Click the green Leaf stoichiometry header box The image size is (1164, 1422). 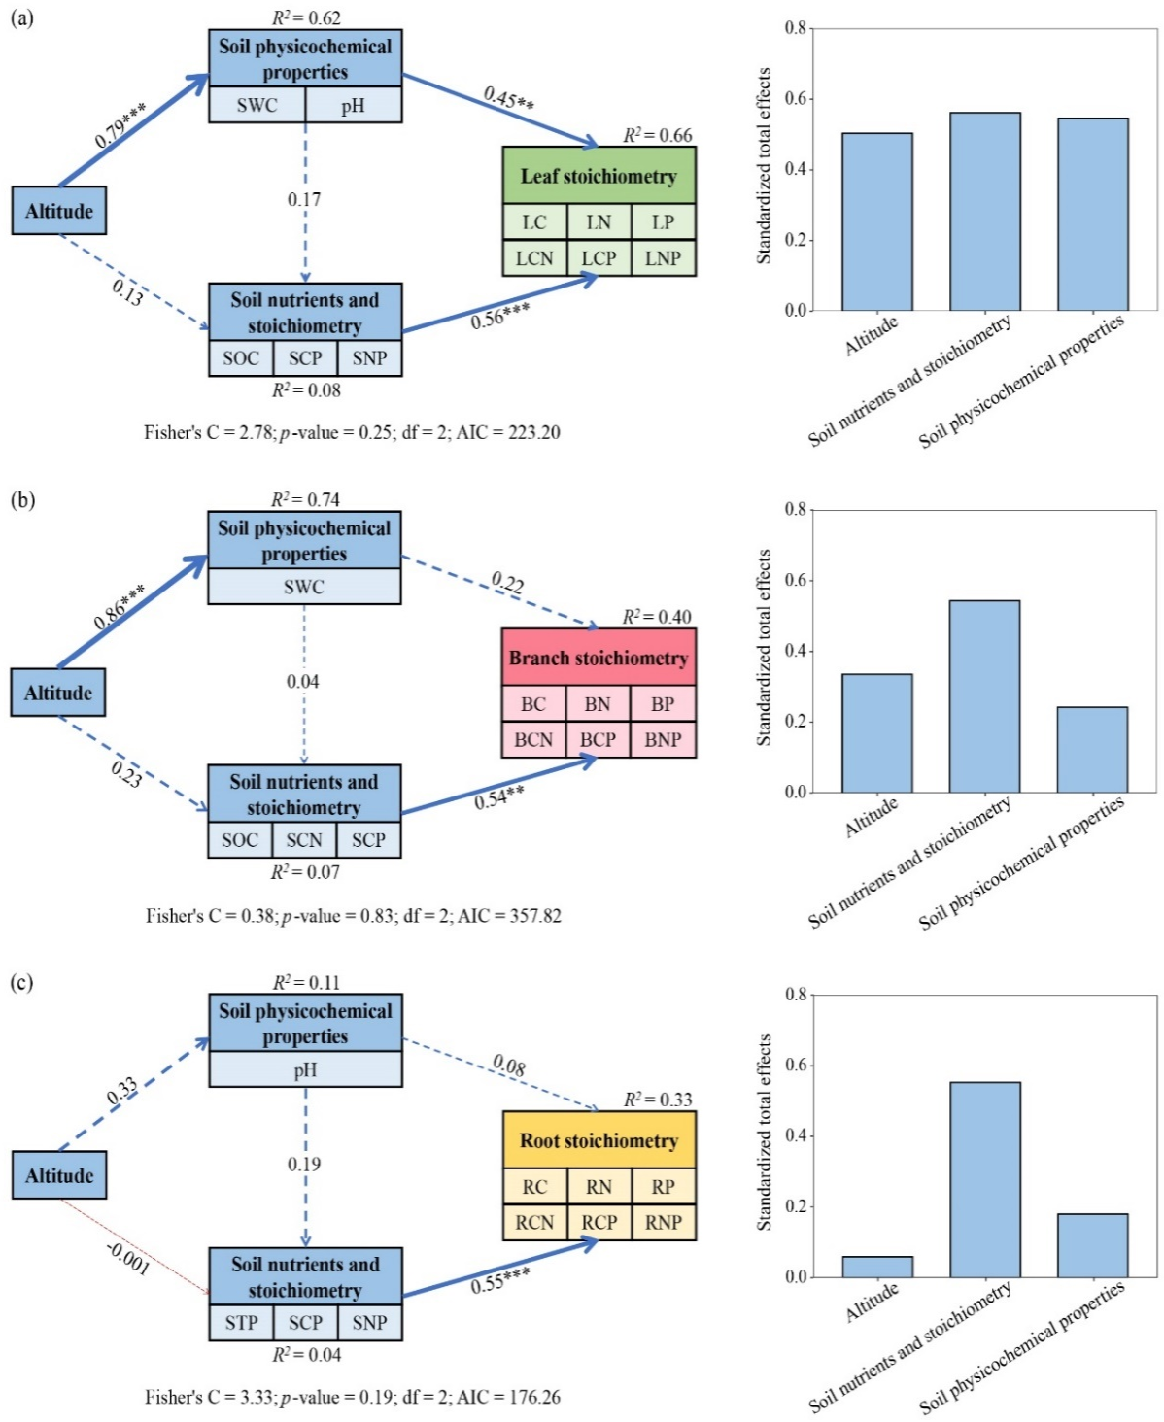point(599,176)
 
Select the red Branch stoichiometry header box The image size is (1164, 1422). point(599,658)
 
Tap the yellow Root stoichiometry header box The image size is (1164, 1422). point(599,1140)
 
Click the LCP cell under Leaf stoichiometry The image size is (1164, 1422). point(599,258)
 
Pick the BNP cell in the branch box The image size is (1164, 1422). point(663,739)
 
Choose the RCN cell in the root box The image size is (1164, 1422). point(534,1222)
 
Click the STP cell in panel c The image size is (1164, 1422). point(241,1322)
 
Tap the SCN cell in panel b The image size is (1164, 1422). point(304,840)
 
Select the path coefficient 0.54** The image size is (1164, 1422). point(499,798)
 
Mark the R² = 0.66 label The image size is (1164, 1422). point(658,135)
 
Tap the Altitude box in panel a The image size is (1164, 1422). point(59,211)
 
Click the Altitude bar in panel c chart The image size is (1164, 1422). point(877,1267)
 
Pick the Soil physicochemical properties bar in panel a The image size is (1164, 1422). point(1093,215)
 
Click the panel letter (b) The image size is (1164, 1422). point(22,499)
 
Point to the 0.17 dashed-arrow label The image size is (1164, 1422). point(304,199)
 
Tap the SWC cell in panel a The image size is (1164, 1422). point(257,105)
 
